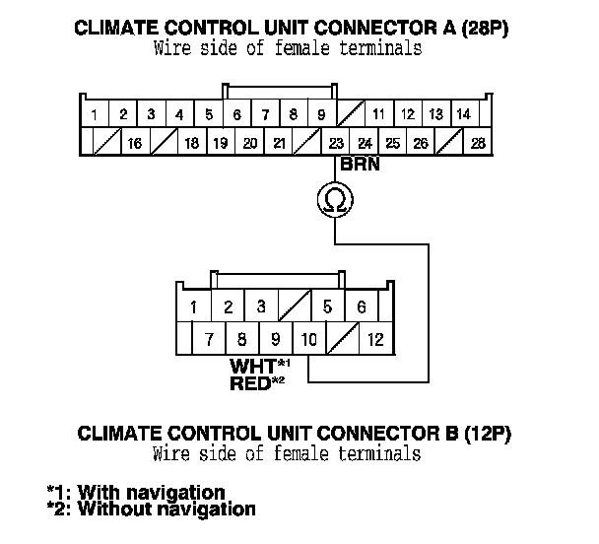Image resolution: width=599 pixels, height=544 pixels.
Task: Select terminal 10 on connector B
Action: (x=308, y=341)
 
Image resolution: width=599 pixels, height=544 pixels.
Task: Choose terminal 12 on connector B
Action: (x=375, y=341)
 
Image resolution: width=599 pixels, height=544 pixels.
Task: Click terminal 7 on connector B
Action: (x=209, y=341)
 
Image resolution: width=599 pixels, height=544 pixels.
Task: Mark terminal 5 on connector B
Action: (x=327, y=307)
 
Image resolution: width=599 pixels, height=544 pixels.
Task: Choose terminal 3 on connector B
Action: (x=260, y=307)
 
